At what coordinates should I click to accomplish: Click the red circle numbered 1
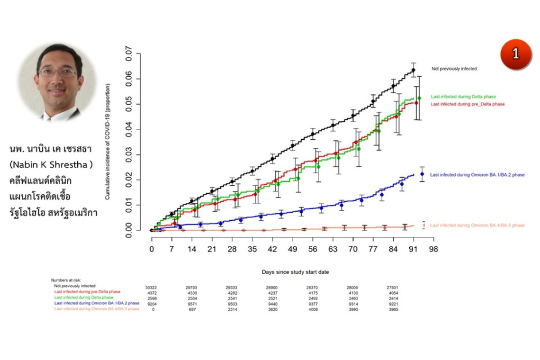[515, 53]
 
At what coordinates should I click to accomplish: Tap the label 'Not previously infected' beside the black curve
[454, 69]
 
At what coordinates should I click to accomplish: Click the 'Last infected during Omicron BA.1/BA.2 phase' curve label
[477, 175]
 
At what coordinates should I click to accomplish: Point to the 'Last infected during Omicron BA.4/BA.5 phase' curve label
[477, 225]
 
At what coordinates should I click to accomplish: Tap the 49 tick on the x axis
[293, 249]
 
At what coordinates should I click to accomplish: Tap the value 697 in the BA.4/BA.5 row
[192, 309]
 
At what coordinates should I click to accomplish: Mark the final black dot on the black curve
[413, 70]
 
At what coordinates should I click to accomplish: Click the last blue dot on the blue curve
[422, 174]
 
